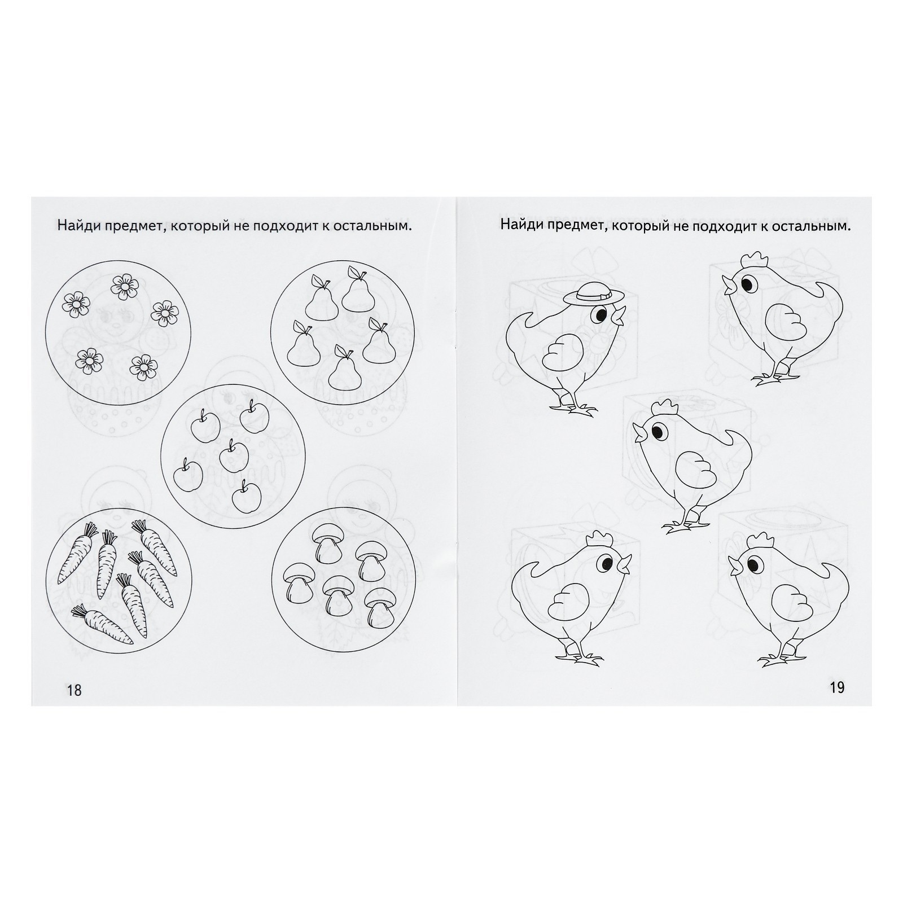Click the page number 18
[74, 690]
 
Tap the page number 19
[837, 687]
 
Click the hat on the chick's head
[595, 293]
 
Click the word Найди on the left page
[77, 226]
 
